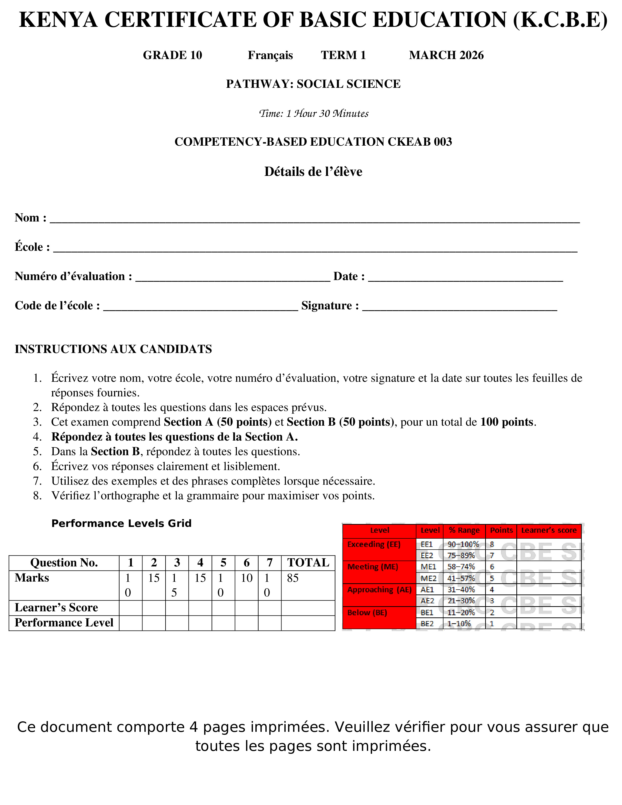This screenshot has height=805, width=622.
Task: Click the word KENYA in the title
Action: [x=58, y=20]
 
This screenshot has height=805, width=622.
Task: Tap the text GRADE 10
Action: [x=172, y=55]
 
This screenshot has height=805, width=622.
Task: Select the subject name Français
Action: [x=270, y=55]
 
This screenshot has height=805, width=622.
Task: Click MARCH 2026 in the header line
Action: [x=446, y=55]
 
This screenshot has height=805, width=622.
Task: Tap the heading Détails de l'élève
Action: [x=313, y=172]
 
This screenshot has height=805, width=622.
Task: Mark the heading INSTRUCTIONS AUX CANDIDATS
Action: [x=113, y=349]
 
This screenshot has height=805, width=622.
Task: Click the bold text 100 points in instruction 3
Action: [x=507, y=422]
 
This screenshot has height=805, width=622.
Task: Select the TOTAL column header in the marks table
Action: [x=308, y=563]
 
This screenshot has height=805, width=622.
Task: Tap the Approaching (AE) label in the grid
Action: [x=379, y=590]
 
